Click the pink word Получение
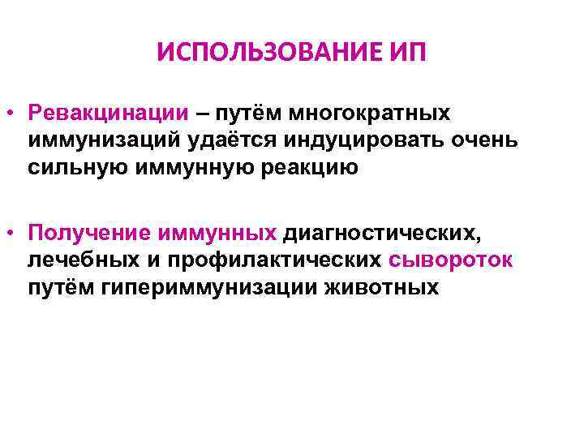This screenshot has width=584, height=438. tap(82, 234)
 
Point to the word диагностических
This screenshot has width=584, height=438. tap(379, 234)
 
